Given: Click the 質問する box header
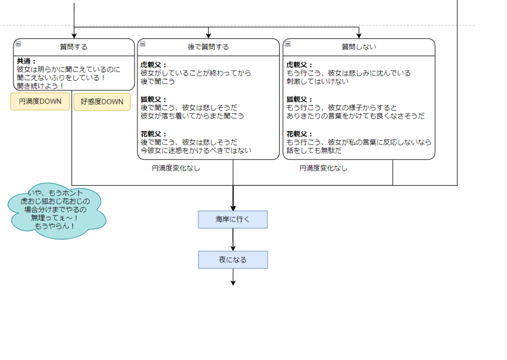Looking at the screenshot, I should coord(74,47).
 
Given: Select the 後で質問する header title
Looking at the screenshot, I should coord(208,47).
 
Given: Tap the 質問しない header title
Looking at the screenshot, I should coord(359,47).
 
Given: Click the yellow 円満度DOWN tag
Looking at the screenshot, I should coord(40,102).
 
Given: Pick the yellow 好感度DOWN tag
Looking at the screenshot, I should coord(102,102).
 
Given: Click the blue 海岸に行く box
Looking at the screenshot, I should coord(233,219).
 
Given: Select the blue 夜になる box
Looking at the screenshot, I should coord(233,260).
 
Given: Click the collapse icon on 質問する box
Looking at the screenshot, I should coord(17,44).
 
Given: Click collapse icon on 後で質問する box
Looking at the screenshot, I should coord(143,44).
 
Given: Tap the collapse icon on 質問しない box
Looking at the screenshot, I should coord(288,44).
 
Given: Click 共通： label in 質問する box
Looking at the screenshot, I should coord(27,61).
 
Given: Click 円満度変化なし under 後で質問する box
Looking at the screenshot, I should coord(176,168).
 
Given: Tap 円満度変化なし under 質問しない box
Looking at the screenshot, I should coord(323,168).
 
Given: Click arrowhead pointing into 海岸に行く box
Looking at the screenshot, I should coord(233,207).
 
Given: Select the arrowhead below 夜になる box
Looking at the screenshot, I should coord(233,283).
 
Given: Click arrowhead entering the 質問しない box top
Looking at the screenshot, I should coord(359,35).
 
